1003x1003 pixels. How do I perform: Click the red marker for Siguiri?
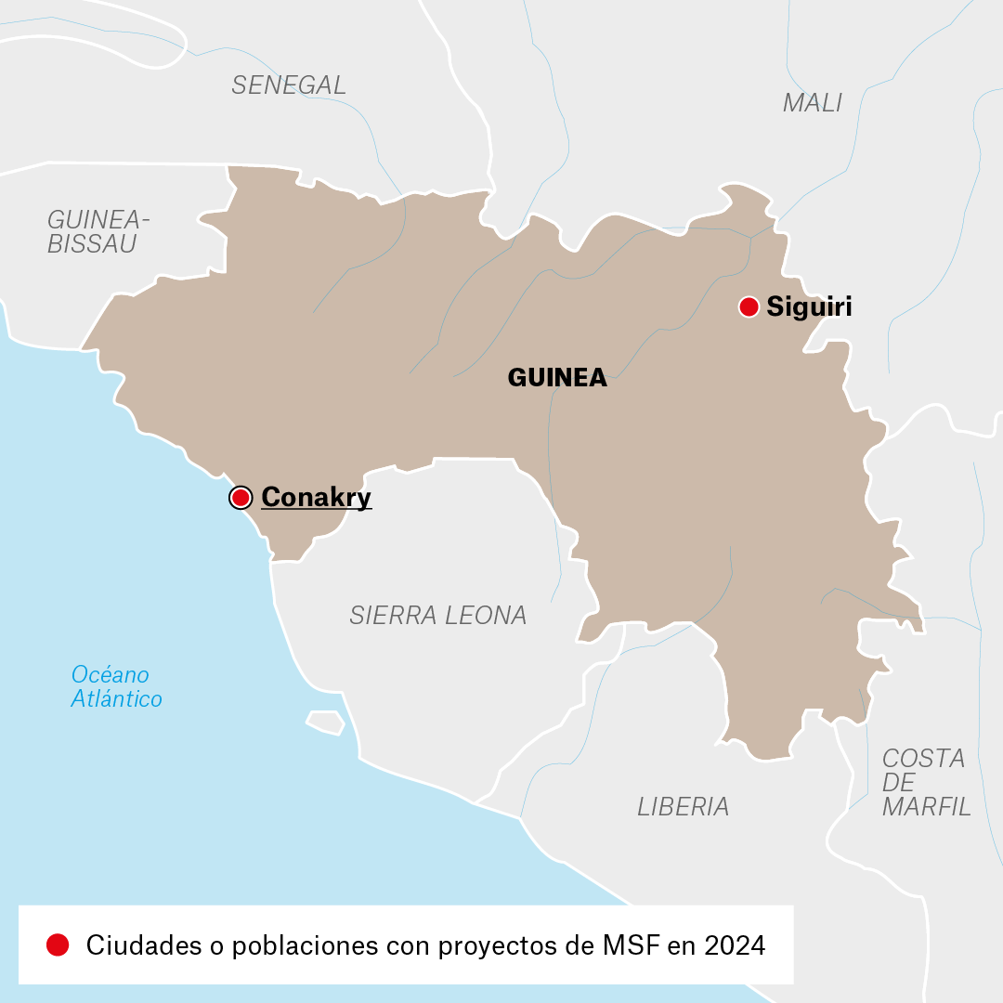(749, 306)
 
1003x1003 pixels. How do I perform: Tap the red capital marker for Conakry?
(241, 498)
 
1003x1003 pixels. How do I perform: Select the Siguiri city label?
(809, 306)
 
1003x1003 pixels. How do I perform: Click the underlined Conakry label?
(316, 498)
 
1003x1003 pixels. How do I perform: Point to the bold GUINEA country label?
(557, 377)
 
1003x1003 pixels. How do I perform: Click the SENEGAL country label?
(289, 85)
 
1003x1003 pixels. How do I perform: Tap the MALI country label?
(813, 102)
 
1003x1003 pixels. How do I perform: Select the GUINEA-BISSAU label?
(98, 232)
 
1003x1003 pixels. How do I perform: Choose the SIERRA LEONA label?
(437, 615)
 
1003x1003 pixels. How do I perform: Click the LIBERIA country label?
(683, 806)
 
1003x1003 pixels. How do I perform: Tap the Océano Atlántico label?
(116, 686)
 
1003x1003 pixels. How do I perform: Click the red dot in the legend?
(58, 945)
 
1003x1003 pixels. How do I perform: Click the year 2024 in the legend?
(735, 945)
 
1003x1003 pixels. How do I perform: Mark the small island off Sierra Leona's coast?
(325, 722)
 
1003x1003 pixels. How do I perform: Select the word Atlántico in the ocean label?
(116, 698)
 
